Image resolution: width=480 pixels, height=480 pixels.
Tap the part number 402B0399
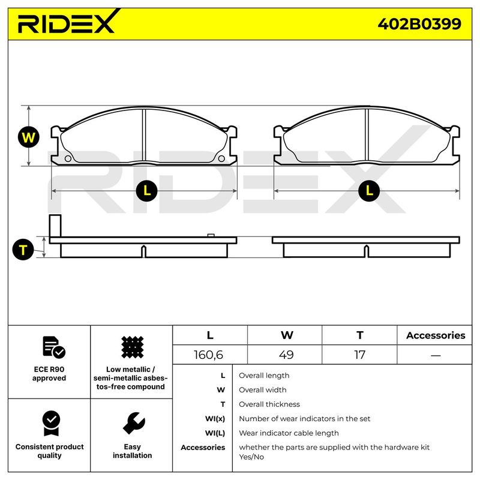click(x=419, y=24)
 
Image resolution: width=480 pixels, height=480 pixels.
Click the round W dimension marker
click(x=28, y=137)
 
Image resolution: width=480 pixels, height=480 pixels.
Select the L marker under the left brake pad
click(x=146, y=191)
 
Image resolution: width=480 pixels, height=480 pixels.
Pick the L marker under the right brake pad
click(x=369, y=191)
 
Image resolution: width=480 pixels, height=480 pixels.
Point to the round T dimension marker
click(x=23, y=250)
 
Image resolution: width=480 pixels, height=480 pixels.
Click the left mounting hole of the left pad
click(x=68, y=158)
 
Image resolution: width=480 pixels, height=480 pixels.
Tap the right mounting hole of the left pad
click(x=221, y=158)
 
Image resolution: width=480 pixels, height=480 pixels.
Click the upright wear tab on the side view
click(x=55, y=226)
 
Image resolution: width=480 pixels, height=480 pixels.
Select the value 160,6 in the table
click(x=208, y=355)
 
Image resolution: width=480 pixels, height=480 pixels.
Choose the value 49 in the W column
click(x=286, y=355)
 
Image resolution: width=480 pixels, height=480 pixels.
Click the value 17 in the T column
click(x=359, y=355)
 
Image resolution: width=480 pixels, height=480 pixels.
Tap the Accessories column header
click(x=436, y=335)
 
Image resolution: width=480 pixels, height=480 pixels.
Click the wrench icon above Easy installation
click(x=134, y=423)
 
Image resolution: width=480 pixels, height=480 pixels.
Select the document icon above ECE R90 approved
click(x=54, y=347)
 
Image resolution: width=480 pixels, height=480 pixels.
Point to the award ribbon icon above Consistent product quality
click(x=52, y=423)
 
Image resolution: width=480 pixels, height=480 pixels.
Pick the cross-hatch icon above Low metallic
click(x=132, y=347)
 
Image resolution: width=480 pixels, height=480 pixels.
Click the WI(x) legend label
click(x=215, y=418)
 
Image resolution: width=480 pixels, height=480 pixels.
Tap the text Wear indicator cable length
click(x=289, y=433)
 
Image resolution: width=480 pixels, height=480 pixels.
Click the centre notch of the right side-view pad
click(x=367, y=251)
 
